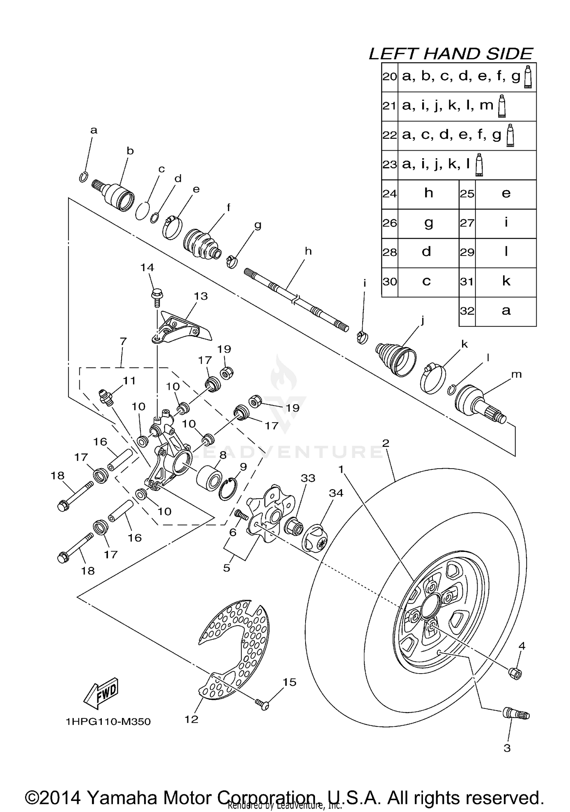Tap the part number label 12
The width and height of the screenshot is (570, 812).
[192, 720]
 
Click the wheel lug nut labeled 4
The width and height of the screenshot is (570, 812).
[515, 673]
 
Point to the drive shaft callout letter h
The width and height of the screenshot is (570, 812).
[308, 251]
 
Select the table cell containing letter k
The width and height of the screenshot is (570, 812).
[506, 282]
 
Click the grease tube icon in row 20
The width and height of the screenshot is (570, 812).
[527, 77]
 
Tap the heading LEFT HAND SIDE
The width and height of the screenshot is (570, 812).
[451, 54]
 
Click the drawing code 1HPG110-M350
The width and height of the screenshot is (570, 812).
[108, 722]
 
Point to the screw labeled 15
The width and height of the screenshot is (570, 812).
[262, 703]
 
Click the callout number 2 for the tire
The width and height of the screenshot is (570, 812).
[386, 443]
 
